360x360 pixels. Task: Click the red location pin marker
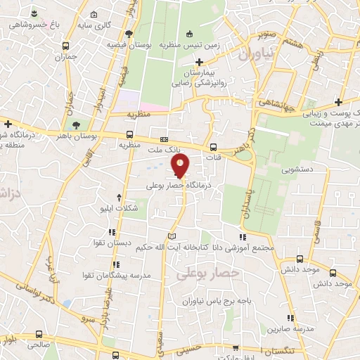(181, 166)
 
